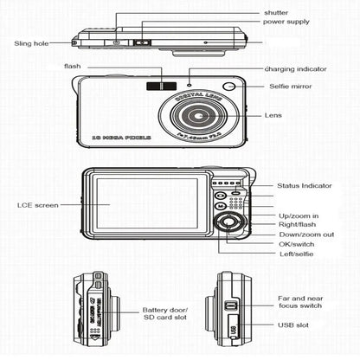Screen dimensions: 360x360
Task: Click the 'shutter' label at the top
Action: (278, 13)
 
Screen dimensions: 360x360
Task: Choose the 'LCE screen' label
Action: (38, 205)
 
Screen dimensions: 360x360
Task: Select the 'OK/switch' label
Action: (295, 245)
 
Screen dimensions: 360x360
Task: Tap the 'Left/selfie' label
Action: (297, 255)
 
